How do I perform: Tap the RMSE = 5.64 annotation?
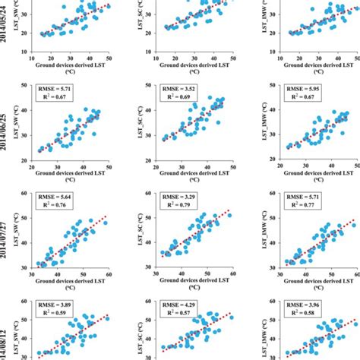pyautogui.click(x=55, y=195)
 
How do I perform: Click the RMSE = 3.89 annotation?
pyautogui.click(x=55, y=302)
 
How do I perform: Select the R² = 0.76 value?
pyautogui.click(x=55, y=205)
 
